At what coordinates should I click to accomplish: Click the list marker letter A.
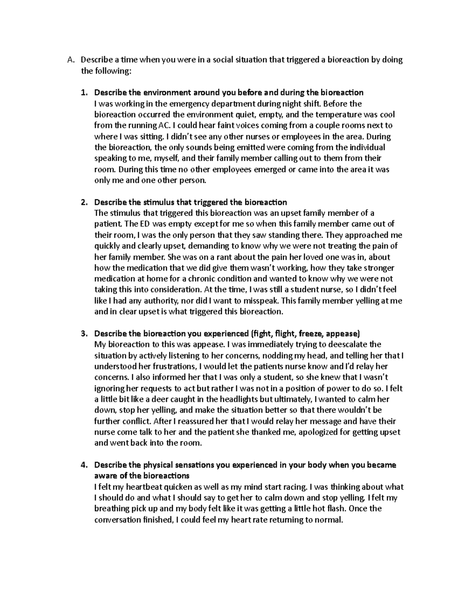click(69, 60)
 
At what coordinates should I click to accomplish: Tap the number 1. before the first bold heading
click(84, 93)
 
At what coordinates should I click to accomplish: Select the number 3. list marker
click(84, 334)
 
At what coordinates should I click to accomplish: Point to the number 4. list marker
click(84, 465)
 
